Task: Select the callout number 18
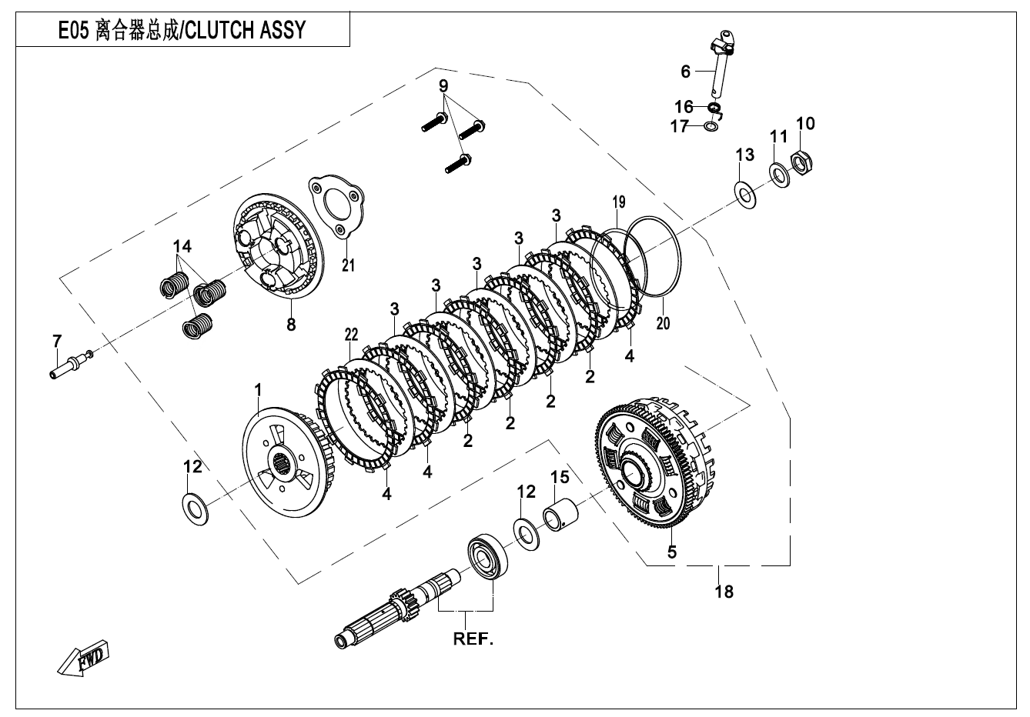pos(724,591)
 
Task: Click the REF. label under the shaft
pos(472,639)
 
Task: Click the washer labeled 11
pos(779,175)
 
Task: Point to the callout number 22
pos(351,334)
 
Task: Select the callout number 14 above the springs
pos(182,246)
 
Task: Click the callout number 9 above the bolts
pos(443,85)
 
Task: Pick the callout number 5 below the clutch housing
pos(671,552)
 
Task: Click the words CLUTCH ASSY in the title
pos(246,30)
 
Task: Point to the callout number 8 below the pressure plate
pos(290,325)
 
